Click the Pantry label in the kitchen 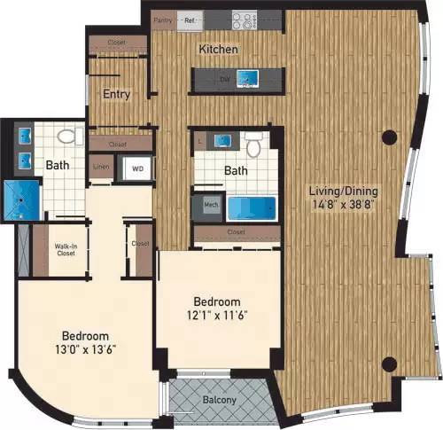(x=162, y=19)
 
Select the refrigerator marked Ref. (x=190, y=19)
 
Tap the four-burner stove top (x=244, y=18)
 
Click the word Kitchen (x=218, y=50)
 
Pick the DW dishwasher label (x=224, y=79)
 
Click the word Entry (x=117, y=94)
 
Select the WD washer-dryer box (x=137, y=168)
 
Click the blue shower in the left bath (x=16, y=200)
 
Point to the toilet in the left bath (x=65, y=138)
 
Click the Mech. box (x=210, y=205)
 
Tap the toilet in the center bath (x=254, y=145)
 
